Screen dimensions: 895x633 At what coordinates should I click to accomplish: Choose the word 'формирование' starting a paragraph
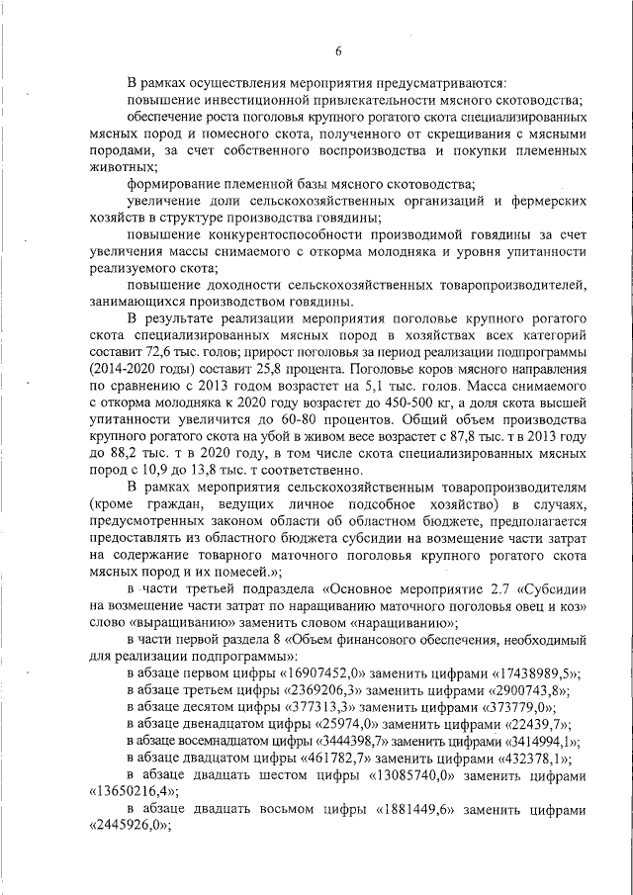coord(176,183)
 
